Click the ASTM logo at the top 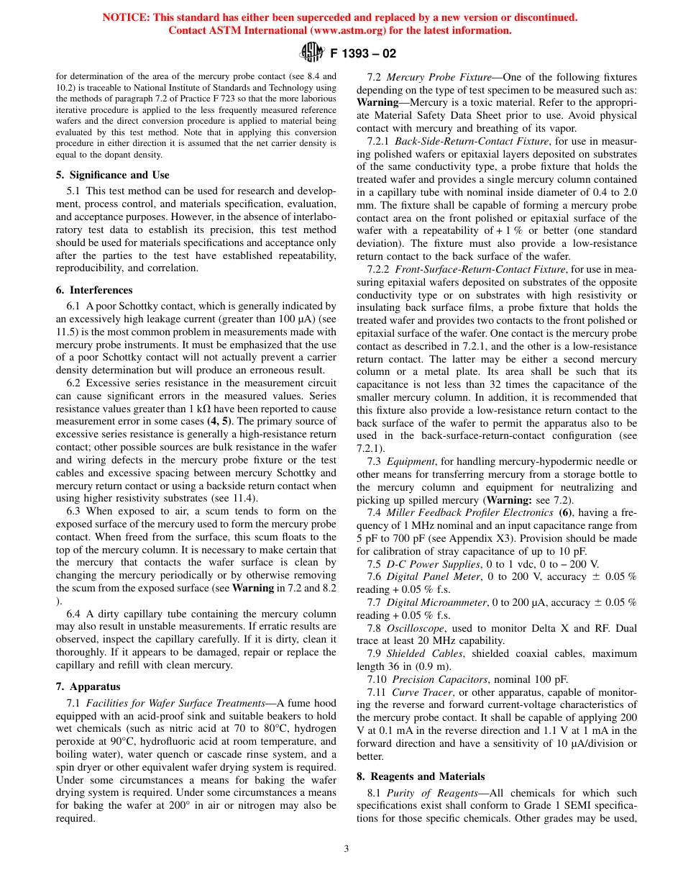[312, 53]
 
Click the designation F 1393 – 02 [363, 53]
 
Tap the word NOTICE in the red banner [125, 17]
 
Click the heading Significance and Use [119, 175]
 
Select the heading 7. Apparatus [88, 686]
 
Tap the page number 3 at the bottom [346, 849]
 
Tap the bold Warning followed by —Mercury [377, 102]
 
